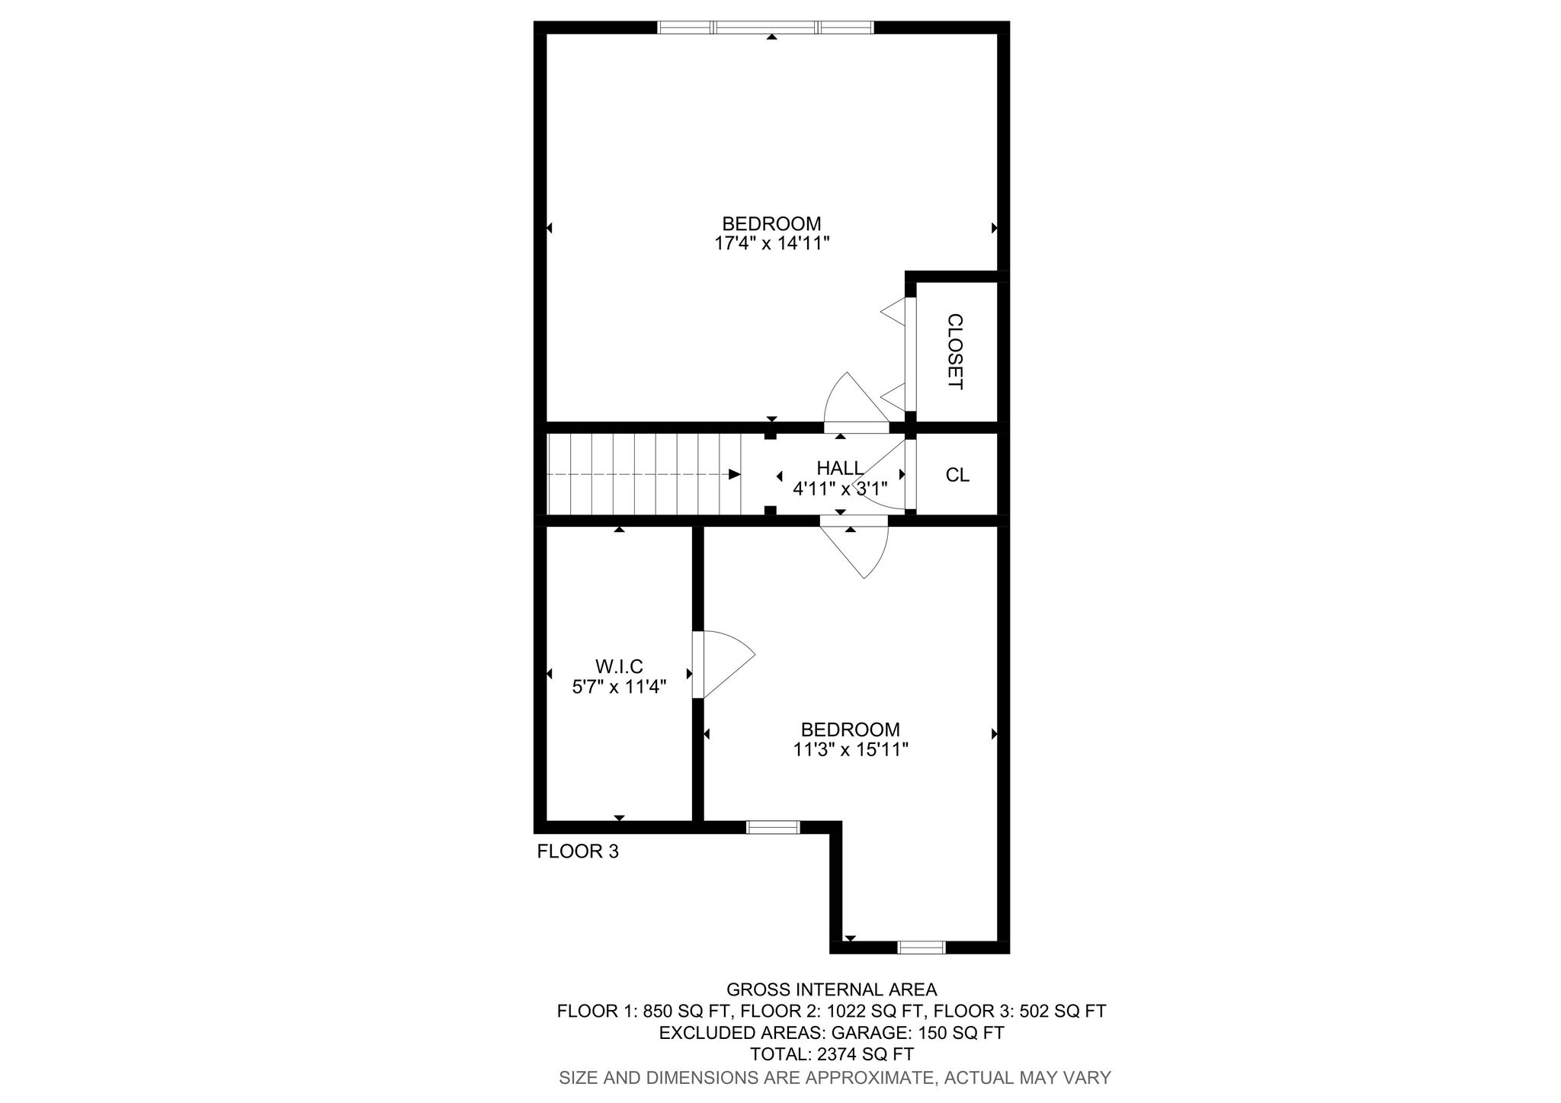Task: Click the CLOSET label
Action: [x=955, y=351]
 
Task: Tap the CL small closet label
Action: [x=957, y=475]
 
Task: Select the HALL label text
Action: [x=840, y=467]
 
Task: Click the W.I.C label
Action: [x=619, y=667]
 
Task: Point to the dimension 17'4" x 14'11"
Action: [x=771, y=244]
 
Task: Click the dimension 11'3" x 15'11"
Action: [x=850, y=750]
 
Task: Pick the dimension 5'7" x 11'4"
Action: [x=619, y=687]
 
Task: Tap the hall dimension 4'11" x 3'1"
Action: [x=840, y=489]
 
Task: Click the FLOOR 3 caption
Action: [x=578, y=851]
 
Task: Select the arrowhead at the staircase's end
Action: [x=735, y=474]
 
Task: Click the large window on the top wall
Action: [x=765, y=27]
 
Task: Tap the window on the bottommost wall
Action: [x=921, y=947]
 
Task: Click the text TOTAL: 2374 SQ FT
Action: [x=832, y=1055]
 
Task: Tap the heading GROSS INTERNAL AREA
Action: [x=832, y=989]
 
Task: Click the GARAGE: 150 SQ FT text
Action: [x=918, y=1033]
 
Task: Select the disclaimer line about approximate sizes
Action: [x=835, y=1078]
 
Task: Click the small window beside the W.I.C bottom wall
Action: [x=773, y=827]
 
